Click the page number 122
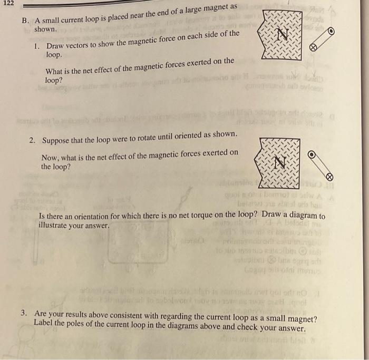tap(7, 3)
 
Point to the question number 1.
tap(35, 47)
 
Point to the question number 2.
tap(32, 141)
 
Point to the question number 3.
tap(24, 312)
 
